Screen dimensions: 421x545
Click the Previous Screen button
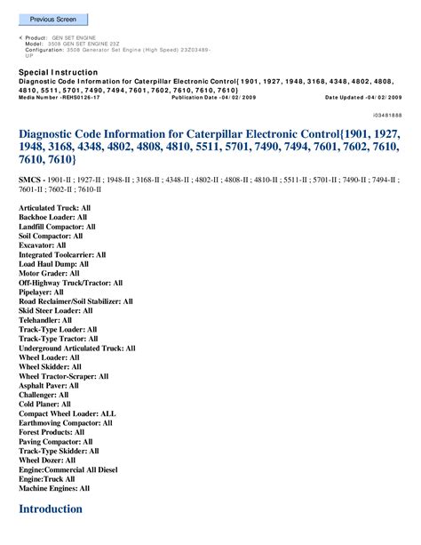click(52, 20)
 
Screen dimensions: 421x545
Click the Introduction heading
click(51, 509)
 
